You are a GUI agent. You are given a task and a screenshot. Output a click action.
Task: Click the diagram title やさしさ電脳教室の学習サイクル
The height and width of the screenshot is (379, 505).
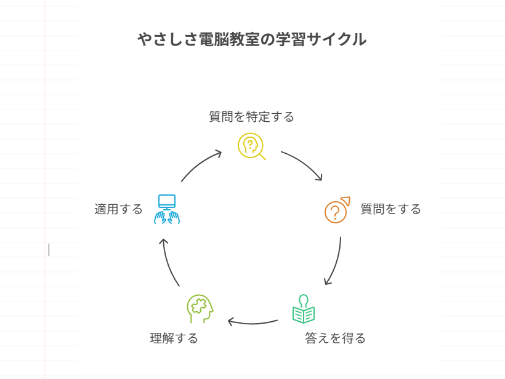click(x=252, y=39)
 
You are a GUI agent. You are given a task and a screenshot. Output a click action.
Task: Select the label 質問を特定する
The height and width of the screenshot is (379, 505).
click(x=251, y=117)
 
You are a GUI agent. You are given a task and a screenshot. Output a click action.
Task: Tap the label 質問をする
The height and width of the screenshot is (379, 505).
click(x=391, y=209)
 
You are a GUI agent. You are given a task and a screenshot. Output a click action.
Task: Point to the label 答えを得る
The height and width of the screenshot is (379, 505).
click(x=335, y=338)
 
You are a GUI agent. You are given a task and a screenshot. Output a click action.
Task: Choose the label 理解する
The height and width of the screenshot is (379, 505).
click(x=174, y=338)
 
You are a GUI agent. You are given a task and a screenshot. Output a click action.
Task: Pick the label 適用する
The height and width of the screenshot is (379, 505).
click(x=118, y=209)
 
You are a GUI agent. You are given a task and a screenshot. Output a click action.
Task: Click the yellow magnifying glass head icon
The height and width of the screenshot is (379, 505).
click(x=251, y=146)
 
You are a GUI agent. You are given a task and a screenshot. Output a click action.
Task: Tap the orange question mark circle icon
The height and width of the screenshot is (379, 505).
click(x=336, y=210)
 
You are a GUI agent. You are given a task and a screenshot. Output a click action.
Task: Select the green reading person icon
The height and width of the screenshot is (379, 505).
click(x=304, y=309)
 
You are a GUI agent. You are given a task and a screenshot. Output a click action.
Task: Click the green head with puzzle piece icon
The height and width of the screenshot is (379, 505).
click(x=200, y=308)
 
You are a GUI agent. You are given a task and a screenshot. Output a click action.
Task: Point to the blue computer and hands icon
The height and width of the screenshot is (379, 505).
click(x=167, y=210)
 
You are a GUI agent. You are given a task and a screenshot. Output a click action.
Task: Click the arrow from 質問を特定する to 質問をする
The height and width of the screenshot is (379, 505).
click(x=304, y=163)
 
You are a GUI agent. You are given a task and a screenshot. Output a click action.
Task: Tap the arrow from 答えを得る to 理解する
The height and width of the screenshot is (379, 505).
click(x=252, y=322)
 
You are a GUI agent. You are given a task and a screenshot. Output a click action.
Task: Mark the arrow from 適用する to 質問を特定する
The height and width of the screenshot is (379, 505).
click(x=200, y=164)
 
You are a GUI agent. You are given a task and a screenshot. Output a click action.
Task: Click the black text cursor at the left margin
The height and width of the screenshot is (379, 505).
click(x=49, y=249)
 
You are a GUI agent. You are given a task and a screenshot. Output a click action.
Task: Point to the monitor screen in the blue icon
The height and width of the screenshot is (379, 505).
click(x=167, y=201)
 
